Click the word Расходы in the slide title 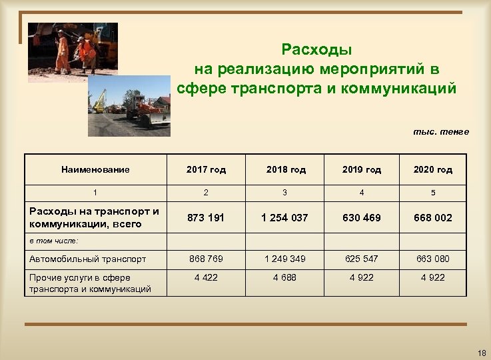pyautogui.click(x=316, y=50)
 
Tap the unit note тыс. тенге pyautogui.click(x=441, y=131)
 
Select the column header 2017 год pyautogui.click(x=206, y=169)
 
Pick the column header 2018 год pyautogui.click(x=286, y=169)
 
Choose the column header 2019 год pyautogui.click(x=362, y=169)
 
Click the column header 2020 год pyautogui.click(x=432, y=169)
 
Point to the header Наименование pyautogui.click(x=95, y=169)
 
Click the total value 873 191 pyautogui.click(x=206, y=218)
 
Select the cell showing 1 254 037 pyautogui.click(x=284, y=218)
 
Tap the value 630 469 pyautogui.click(x=362, y=218)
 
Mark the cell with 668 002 pyautogui.click(x=433, y=218)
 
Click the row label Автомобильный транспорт pyautogui.click(x=88, y=259)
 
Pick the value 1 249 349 pyautogui.click(x=285, y=259)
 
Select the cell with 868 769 pyautogui.click(x=206, y=259)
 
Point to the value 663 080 pyautogui.click(x=433, y=259)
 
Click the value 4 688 pyautogui.click(x=285, y=277)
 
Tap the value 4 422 pyautogui.click(x=206, y=277)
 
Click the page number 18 pyautogui.click(x=482, y=352)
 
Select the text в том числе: pyautogui.click(x=54, y=240)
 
